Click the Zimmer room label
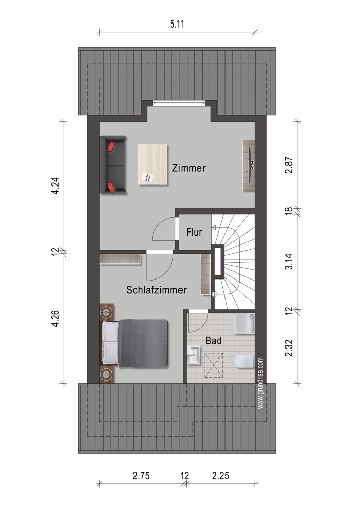pyautogui.click(x=189, y=168)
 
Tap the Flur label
pyautogui.click(x=194, y=232)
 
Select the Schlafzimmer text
pyautogui.click(x=156, y=290)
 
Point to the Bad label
pyautogui.click(x=214, y=341)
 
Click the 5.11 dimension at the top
pyautogui.click(x=177, y=24)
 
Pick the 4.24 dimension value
pyautogui.click(x=55, y=186)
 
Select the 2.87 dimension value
pyautogui.click(x=289, y=165)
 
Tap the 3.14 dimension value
pyautogui.click(x=289, y=261)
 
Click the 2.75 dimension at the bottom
pyautogui.click(x=141, y=476)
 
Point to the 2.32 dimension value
pyautogui.click(x=289, y=348)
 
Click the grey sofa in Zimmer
pyautogui.click(x=113, y=165)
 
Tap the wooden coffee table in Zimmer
pyautogui.click(x=152, y=165)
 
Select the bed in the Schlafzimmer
pyautogui.click(x=135, y=344)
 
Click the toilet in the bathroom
pyautogui.click(x=244, y=361)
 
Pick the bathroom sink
pyautogui.click(x=194, y=355)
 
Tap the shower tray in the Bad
pyautogui.click(x=244, y=323)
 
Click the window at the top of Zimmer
pyautogui.click(x=178, y=103)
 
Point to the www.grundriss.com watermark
pyautogui.click(x=260, y=383)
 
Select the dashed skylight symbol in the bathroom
pyautogui.click(x=214, y=365)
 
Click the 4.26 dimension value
pyautogui.click(x=55, y=318)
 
